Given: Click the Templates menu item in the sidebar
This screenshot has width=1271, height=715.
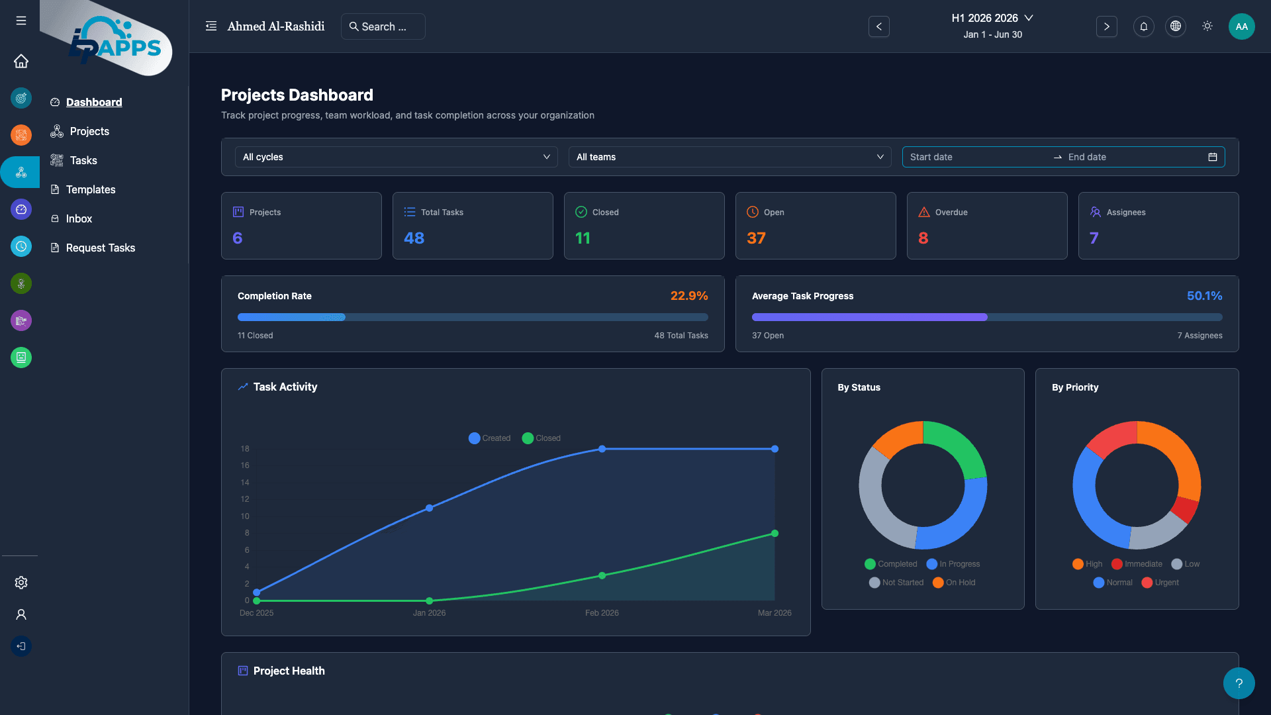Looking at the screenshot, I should tap(90, 189).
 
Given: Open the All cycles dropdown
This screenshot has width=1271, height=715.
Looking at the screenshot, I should tap(396, 157).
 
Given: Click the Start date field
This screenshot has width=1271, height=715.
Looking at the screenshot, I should tap(973, 157).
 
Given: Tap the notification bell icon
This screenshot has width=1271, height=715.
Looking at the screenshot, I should tap(1143, 26).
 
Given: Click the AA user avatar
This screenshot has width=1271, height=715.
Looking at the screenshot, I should tap(1241, 26).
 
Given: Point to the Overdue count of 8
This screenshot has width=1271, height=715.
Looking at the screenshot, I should tap(923, 238).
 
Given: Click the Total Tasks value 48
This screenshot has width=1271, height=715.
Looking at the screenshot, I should tap(414, 238).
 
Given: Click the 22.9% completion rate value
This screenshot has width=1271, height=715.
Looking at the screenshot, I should tap(688, 296).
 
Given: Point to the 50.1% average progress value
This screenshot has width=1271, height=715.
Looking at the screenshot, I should tap(1203, 296).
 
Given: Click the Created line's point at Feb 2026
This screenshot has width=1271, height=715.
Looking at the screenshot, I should tap(602, 449).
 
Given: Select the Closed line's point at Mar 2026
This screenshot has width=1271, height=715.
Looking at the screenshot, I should tap(775, 534).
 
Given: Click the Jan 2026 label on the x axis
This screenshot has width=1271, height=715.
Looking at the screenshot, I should tap(429, 613).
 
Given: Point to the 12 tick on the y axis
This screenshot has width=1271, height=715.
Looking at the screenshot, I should tap(245, 499).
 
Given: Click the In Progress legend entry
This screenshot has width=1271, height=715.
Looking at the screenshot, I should tap(953, 564).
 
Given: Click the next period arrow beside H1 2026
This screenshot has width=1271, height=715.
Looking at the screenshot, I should tap(1106, 26).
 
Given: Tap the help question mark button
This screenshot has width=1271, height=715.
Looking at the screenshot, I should tap(1239, 683).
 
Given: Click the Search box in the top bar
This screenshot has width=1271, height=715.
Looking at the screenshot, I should tap(383, 26).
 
